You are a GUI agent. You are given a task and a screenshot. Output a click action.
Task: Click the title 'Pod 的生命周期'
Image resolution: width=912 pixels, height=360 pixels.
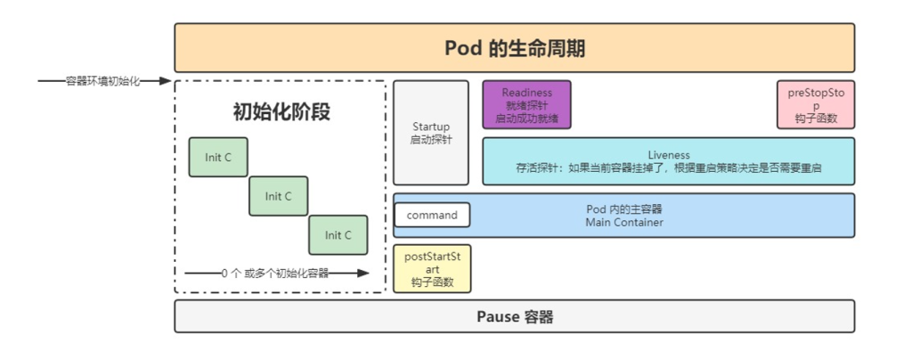(x=515, y=48)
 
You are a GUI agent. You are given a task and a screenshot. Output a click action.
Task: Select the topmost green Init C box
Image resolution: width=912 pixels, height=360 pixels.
(x=218, y=158)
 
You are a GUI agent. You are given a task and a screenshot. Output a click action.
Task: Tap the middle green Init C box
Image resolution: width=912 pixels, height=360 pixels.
(x=278, y=196)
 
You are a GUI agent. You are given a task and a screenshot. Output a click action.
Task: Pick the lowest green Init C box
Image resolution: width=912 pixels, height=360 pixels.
(x=338, y=235)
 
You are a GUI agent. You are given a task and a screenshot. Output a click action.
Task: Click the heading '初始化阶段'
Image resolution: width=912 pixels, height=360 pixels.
(x=281, y=113)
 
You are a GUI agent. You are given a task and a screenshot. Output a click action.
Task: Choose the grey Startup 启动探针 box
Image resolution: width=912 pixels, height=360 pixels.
(x=431, y=133)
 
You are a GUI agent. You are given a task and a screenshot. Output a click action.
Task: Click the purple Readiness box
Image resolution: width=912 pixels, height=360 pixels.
(x=526, y=105)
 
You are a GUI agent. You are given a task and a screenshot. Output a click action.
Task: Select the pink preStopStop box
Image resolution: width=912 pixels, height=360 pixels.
(x=815, y=105)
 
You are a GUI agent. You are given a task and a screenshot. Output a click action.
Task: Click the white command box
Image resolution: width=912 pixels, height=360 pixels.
(x=432, y=215)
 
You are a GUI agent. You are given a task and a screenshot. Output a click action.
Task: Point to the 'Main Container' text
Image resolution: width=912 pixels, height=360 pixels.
(x=623, y=222)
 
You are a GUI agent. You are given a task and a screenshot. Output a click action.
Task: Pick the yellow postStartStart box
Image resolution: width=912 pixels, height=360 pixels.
(x=432, y=269)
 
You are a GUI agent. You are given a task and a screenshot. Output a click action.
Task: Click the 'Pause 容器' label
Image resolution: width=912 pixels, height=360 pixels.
(x=514, y=316)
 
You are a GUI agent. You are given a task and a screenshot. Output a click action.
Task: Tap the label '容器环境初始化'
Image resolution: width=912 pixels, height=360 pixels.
(x=103, y=81)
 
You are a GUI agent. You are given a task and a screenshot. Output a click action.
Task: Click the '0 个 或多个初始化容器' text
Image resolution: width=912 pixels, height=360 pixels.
(x=275, y=274)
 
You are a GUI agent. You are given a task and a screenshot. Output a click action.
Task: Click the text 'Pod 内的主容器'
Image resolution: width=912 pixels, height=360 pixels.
(x=623, y=209)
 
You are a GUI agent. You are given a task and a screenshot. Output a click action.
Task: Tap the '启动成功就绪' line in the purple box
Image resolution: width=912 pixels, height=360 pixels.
(x=526, y=119)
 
